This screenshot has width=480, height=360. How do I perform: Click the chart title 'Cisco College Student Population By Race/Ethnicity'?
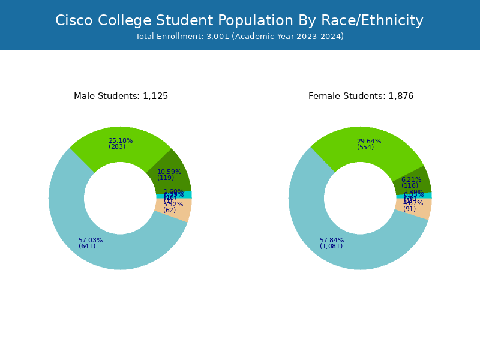[x=239, y=20]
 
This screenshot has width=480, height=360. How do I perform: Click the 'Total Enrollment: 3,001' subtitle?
[x=239, y=37]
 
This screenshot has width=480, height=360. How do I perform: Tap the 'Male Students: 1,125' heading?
[x=121, y=96]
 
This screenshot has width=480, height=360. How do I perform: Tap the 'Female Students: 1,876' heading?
[x=361, y=96]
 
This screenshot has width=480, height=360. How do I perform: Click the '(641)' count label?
[x=87, y=247]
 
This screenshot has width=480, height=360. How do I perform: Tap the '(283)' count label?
[x=117, y=147]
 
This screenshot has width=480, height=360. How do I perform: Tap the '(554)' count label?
[x=365, y=148]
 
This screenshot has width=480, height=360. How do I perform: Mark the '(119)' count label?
[x=166, y=178]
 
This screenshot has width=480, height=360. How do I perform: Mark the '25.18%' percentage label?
[x=121, y=141]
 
